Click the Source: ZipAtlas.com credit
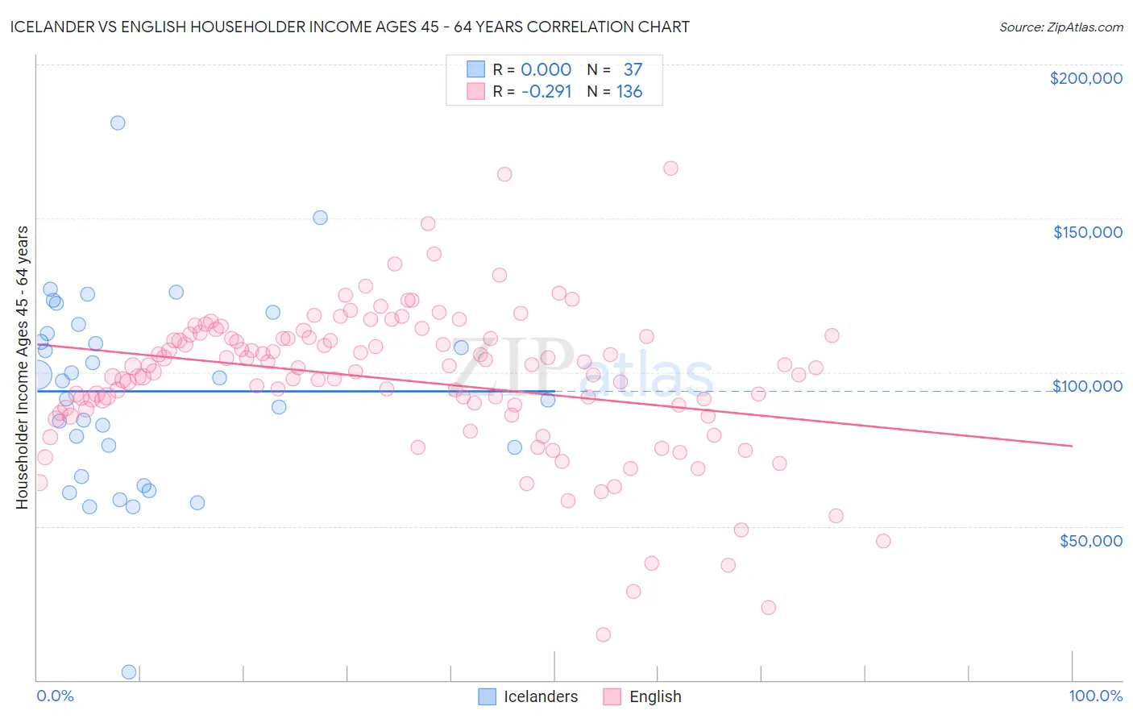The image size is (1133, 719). [x=1060, y=27]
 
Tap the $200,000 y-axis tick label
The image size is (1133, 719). [x=1085, y=78]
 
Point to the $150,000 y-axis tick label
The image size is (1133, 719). [x=1087, y=232]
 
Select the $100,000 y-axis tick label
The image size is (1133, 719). [x=1087, y=386]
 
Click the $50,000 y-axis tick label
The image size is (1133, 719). [x=1090, y=540]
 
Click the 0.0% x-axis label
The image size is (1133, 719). [x=55, y=696]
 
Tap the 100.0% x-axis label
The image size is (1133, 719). [x=1095, y=696]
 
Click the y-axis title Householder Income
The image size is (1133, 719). [x=22, y=367]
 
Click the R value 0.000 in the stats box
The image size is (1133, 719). [x=546, y=70]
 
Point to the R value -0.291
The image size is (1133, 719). [x=546, y=92]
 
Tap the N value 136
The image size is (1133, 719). [x=629, y=92]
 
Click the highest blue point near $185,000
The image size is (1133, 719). [x=118, y=123]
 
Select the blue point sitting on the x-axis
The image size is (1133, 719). [x=128, y=671]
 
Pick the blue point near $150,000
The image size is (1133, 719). [x=320, y=218]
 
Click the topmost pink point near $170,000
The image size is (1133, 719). [x=670, y=168]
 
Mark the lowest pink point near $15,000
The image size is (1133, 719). [x=603, y=634]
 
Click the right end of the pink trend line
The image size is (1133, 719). [x=1072, y=446]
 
